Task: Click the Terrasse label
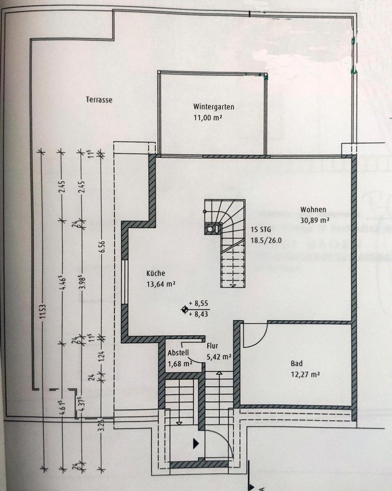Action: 99,100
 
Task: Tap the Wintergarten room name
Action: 214,107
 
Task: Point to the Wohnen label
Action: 313,210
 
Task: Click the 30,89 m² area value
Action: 314,220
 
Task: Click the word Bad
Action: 296,364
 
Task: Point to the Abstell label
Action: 178,352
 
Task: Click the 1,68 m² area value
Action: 179,364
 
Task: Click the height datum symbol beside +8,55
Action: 185,309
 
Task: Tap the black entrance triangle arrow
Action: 196,443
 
